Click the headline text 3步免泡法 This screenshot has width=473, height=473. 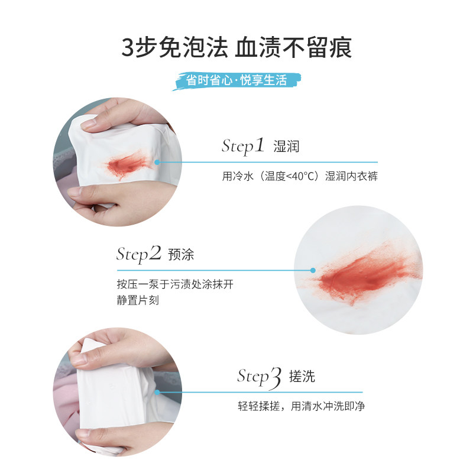point(174,47)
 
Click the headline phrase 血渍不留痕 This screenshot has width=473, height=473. point(293,47)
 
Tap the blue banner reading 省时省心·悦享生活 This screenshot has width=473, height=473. point(237,80)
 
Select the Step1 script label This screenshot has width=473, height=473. point(242,146)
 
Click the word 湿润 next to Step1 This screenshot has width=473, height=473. point(286,147)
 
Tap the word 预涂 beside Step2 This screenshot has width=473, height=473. point(181,255)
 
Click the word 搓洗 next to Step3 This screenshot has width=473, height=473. point(302,377)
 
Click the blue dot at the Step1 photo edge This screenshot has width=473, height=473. point(157,161)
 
